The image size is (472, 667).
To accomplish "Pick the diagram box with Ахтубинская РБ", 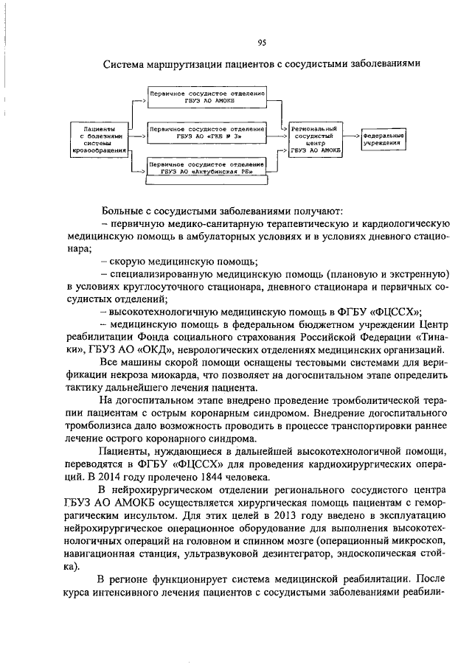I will tap(206, 168).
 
